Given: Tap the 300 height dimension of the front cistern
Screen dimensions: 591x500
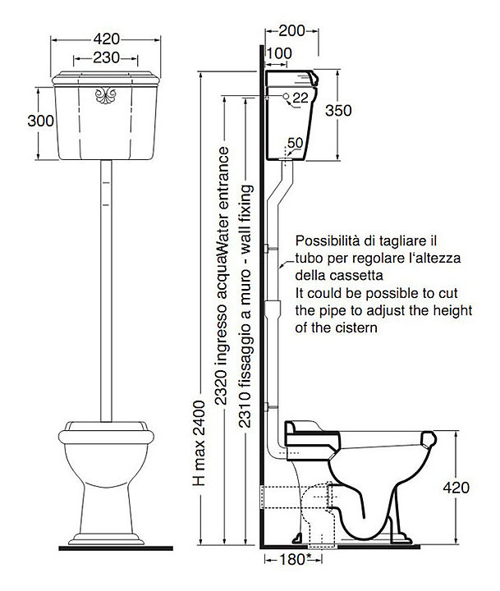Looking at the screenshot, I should (40, 121).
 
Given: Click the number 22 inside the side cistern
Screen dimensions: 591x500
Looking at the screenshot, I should (300, 98).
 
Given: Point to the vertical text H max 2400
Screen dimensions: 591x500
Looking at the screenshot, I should (199, 435).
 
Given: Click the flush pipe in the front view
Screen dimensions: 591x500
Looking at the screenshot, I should (106, 287).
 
